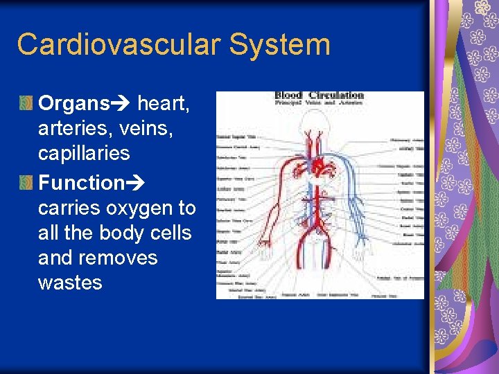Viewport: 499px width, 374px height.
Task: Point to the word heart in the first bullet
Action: click(x=163, y=104)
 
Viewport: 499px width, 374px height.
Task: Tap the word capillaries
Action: click(x=84, y=154)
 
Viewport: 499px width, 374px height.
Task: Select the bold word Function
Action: click(x=80, y=183)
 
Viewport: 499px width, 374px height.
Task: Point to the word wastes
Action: click(x=70, y=283)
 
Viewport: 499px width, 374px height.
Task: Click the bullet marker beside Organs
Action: click(x=26, y=105)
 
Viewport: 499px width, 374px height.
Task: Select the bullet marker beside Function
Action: click(x=26, y=184)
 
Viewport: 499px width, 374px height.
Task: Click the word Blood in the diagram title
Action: click(x=289, y=95)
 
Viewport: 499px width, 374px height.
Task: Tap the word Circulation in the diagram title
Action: click(x=336, y=95)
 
